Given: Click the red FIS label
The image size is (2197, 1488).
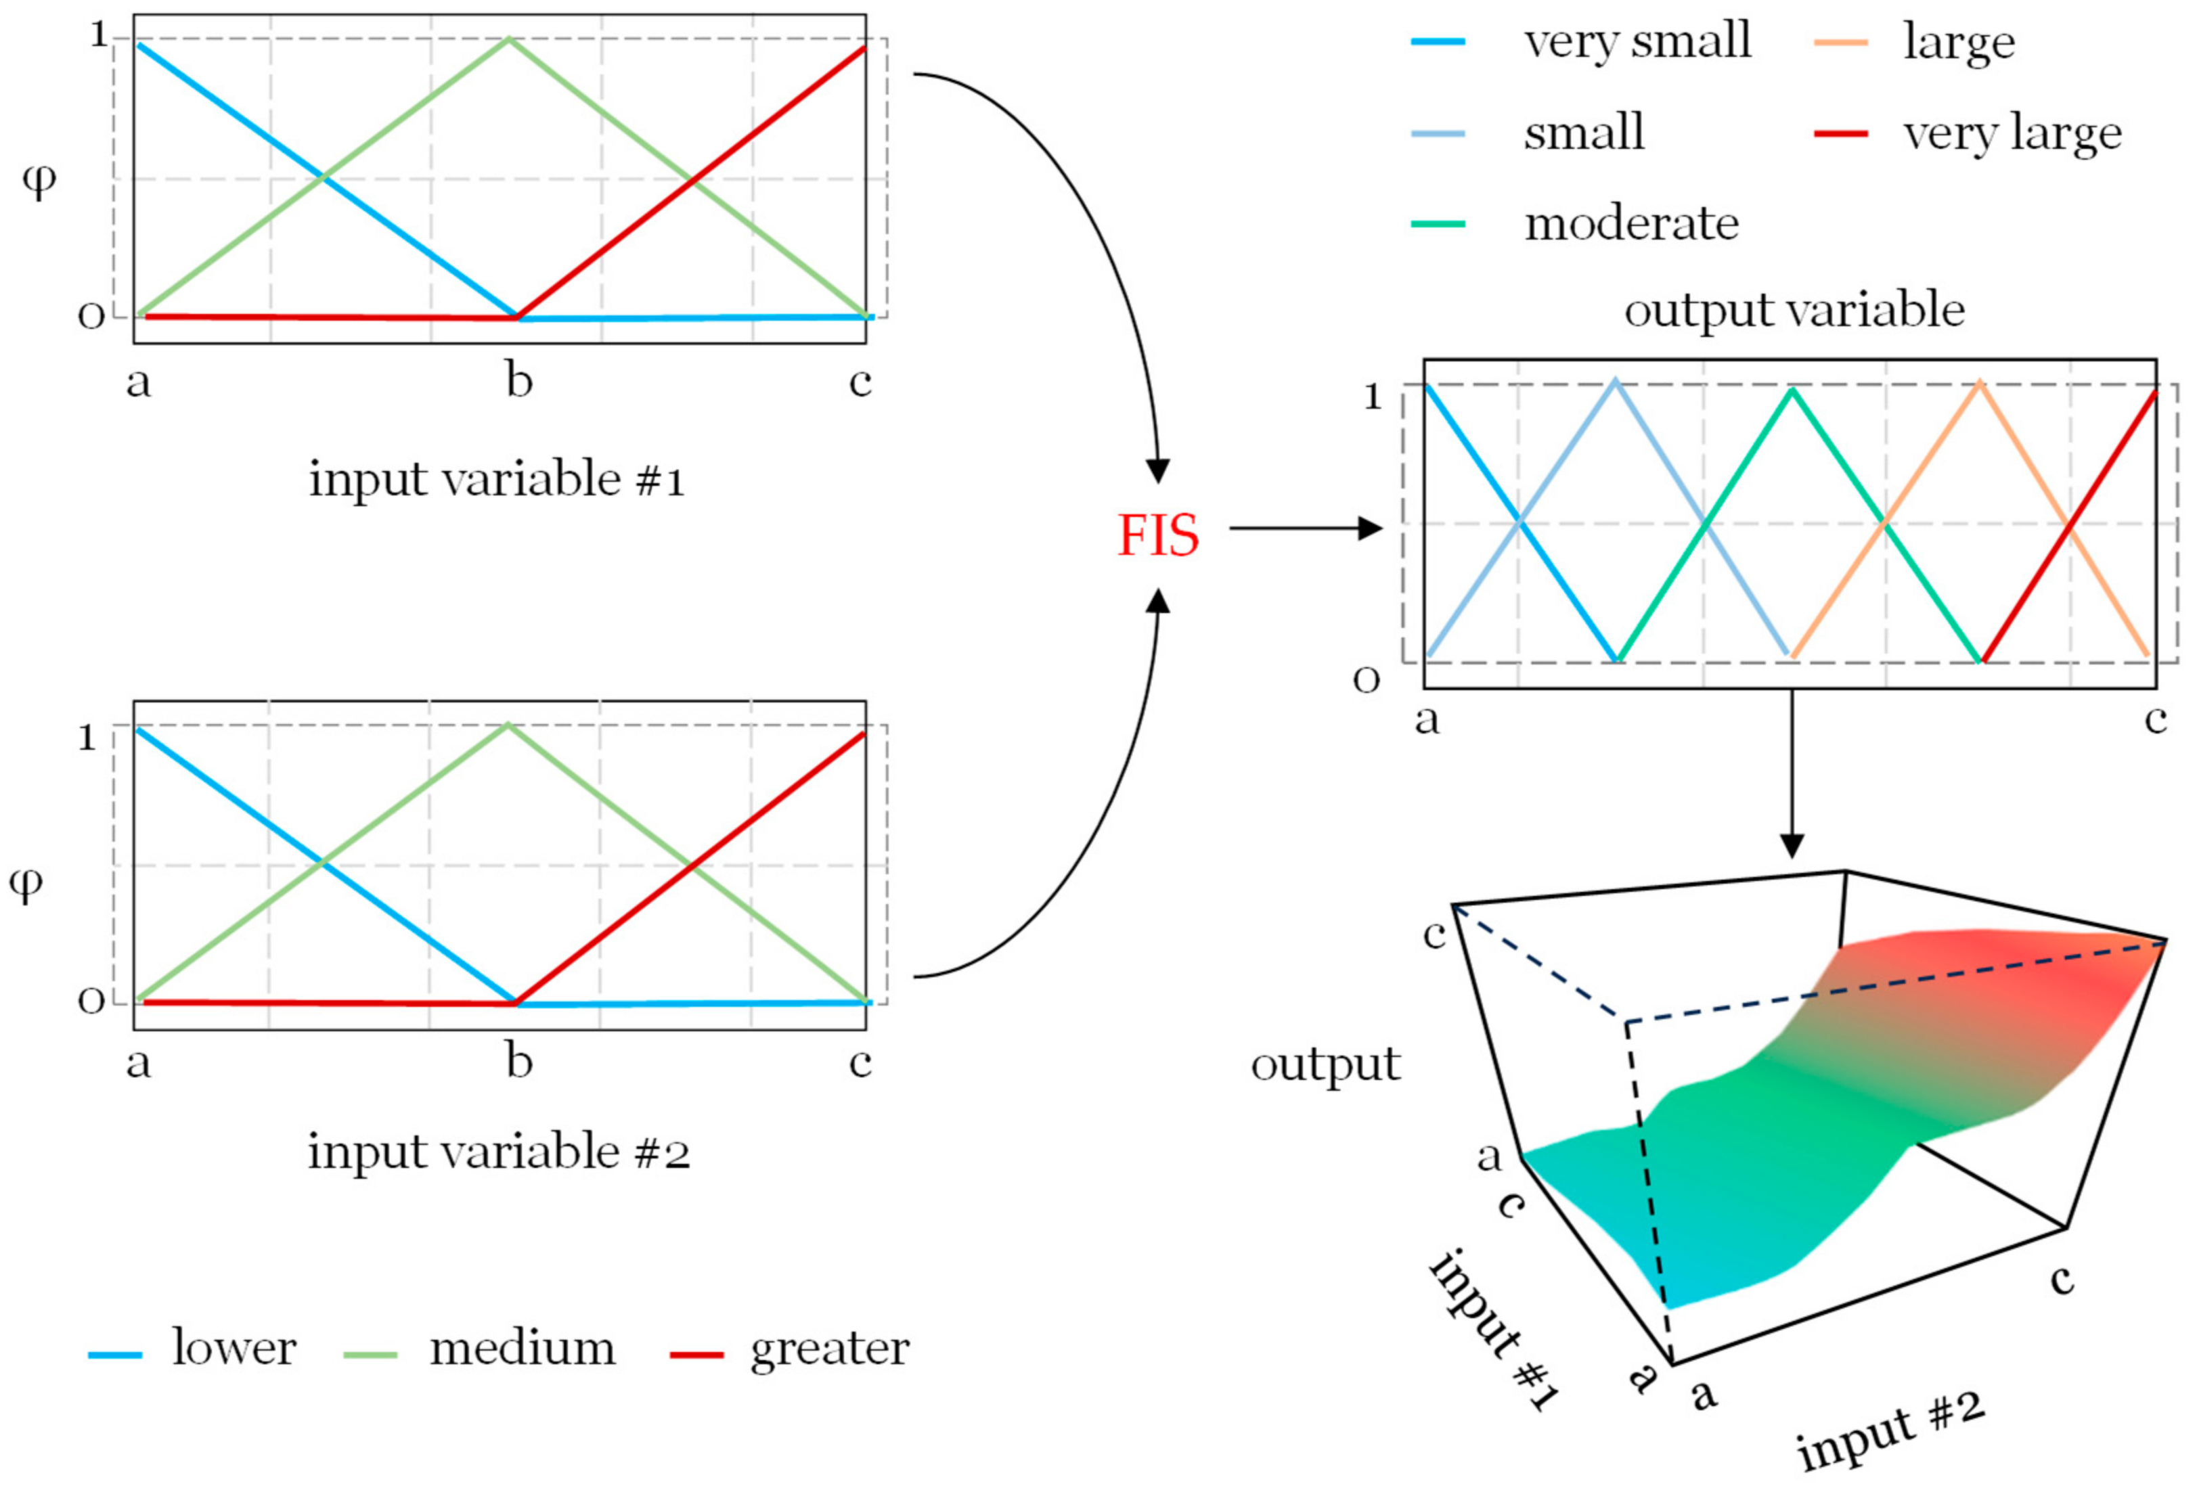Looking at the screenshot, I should tap(1157, 535).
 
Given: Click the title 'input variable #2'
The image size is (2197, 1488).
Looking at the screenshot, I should tap(498, 1152).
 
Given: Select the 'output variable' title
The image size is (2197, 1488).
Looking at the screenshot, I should tap(1794, 310).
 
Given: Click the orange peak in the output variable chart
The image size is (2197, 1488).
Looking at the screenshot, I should tap(1978, 383).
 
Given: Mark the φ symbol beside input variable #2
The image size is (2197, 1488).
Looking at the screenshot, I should tap(26, 883).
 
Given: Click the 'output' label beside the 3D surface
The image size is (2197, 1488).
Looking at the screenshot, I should tap(1325, 1066).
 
